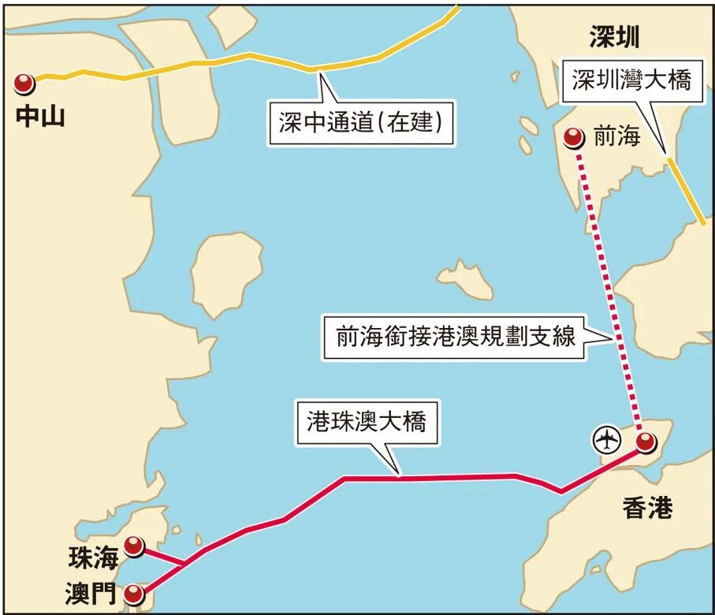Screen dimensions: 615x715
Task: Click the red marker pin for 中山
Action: pyautogui.click(x=24, y=82)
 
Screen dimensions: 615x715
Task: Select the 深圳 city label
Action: pyautogui.click(x=614, y=36)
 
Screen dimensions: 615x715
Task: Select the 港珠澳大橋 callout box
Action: pyautogui.click(x=367, y=422)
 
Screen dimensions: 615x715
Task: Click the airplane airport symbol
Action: pyautogui.click(x=606, y=438)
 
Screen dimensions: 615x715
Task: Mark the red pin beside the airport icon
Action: pyautogui.click(x=646, y=442)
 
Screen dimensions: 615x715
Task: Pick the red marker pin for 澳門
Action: pyautogui.click(x=136, y=592)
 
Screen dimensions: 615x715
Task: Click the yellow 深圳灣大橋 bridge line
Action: pyautogui.click(x=686, y=189)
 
